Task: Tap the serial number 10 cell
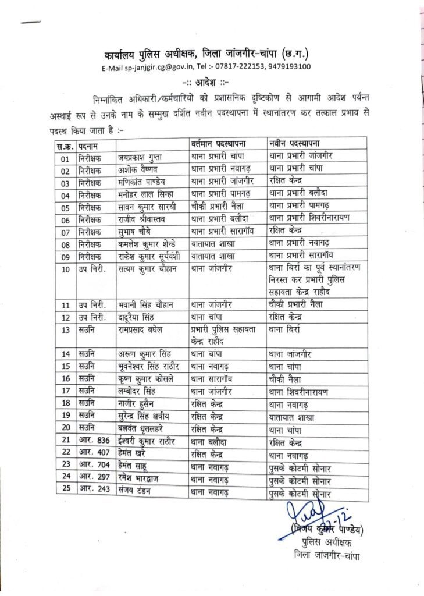(x=66, y=269)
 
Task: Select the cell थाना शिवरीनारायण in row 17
(x=299, y=392)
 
